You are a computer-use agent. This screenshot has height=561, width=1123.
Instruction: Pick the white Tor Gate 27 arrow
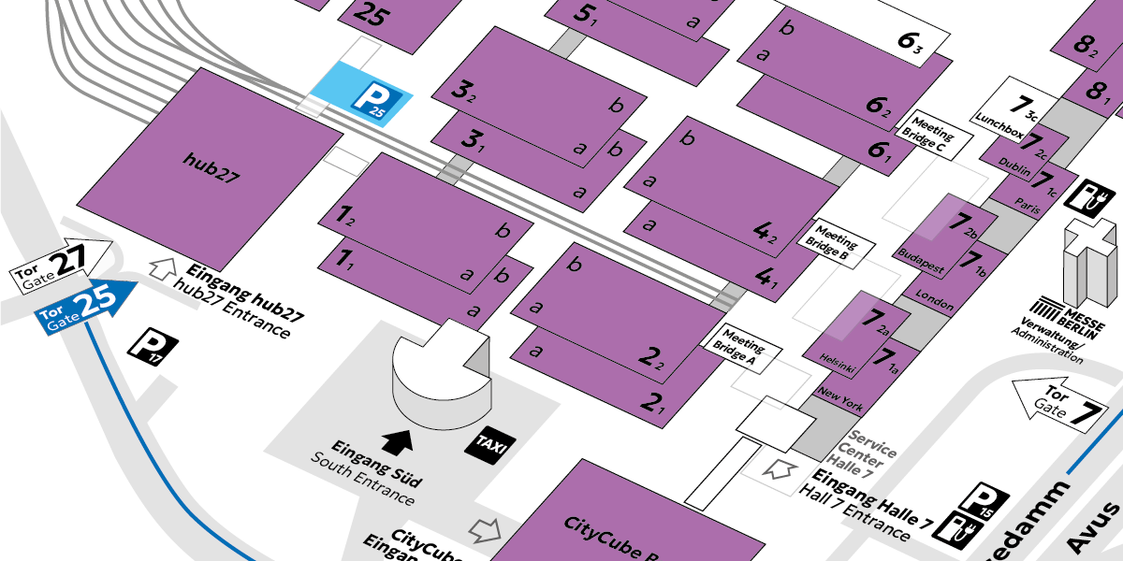pyautogui.click(x=61, y=263)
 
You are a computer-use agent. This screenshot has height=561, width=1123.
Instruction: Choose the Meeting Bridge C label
pyautogui.click(x=934, y=135)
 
